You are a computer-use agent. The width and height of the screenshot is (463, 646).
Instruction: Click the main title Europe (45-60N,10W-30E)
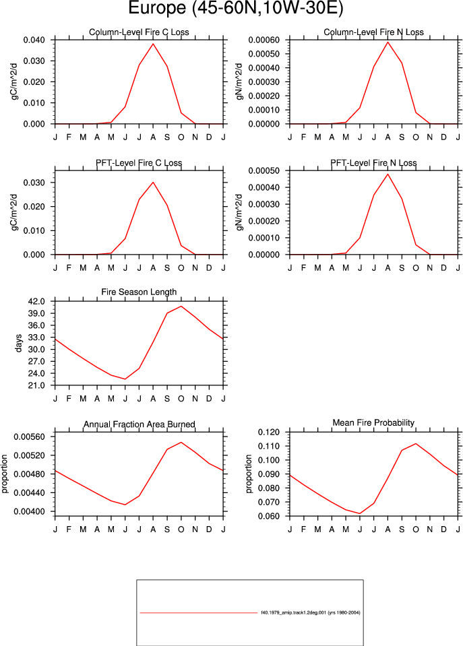(235, 8)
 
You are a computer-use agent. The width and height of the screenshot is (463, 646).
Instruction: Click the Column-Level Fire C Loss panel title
(139, 32)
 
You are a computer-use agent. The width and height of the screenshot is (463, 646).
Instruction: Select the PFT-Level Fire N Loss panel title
(373, 163)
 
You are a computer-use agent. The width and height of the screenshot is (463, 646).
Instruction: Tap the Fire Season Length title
(139, 292)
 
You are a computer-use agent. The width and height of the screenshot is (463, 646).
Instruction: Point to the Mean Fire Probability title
(373, 423)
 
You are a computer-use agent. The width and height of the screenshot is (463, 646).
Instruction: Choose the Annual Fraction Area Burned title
(140, 424)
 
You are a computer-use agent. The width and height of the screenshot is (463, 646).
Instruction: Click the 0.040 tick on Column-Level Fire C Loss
(34, 40)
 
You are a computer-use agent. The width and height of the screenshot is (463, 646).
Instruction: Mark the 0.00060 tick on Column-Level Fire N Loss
(264, 40)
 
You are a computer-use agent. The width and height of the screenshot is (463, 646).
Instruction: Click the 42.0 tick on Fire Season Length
(36, 301)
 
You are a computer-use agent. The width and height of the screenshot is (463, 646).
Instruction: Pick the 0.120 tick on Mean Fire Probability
(269, 432)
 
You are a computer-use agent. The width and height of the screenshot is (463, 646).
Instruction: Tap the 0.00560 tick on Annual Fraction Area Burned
(29, 437)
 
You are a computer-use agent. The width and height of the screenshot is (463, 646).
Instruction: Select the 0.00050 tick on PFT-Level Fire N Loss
(264, 170)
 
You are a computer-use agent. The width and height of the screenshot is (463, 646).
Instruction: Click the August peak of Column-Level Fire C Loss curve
(153, 44)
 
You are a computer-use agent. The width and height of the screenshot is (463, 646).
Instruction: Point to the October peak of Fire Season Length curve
(181, 306)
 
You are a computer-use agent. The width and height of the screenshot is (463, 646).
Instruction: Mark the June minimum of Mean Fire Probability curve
(360, 513)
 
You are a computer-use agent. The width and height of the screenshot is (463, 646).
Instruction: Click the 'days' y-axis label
(18, 344)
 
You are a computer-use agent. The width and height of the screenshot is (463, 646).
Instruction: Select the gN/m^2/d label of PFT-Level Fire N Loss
(239, 213)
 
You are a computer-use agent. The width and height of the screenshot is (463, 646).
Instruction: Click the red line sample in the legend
(199, 612)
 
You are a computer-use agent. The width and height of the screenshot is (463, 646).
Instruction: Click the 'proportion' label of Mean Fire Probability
(248, 474)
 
